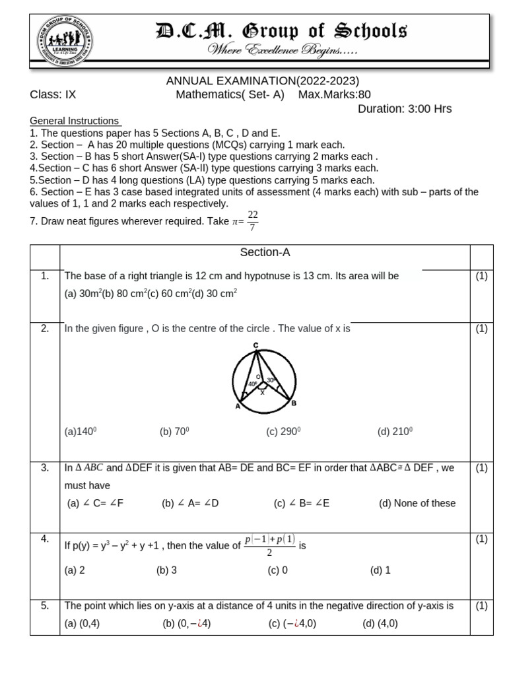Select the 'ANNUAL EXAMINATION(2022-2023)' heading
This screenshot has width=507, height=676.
262,81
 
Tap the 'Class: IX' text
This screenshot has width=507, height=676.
53,94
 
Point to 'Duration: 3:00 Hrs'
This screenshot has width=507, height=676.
405,109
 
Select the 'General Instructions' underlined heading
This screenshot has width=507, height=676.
75,121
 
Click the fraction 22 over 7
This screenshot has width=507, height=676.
253,221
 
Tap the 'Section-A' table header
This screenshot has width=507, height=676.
265,252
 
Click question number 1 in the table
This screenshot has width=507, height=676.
45,276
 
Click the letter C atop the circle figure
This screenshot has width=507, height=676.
255,345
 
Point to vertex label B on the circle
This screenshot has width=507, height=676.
294,403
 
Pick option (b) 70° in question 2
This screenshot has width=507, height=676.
174,432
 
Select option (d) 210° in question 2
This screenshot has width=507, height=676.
395,432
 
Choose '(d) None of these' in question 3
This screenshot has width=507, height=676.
417,503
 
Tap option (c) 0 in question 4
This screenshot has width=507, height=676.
278,570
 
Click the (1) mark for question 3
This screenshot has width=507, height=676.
481,467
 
